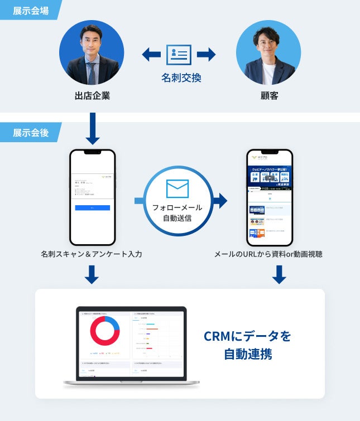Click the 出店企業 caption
point(92,96)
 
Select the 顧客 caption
point(268,96)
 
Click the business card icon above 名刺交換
point(179,55)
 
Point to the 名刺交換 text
point(181,78)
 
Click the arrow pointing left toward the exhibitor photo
point(151,55)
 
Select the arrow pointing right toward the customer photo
point(207,55)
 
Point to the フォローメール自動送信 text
point(177,212)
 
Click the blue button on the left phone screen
point(93,207)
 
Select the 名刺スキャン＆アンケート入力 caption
point(92,254)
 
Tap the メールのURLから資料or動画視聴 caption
point(268,254)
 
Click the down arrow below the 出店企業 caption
point(92,129)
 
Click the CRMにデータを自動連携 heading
point(248,345)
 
